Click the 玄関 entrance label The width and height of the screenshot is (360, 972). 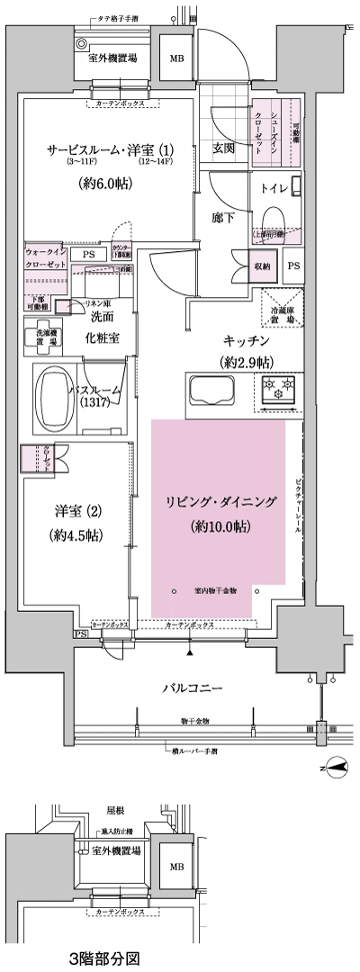[x=223, y=148]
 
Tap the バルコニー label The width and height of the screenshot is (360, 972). [x=192, y=688]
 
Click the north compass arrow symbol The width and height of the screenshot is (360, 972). [x=335, y=768]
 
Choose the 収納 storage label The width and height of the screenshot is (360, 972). [x=263, y=265]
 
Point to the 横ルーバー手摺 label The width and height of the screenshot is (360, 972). [x=196, y=750]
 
